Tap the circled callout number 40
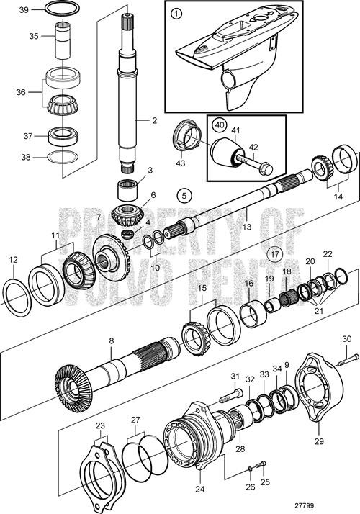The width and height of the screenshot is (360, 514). tap(220, 124)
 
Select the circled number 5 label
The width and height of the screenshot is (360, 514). tap(184, 194)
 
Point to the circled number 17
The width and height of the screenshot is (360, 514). tap(274, 253)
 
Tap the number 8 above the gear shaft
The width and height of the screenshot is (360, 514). tap(111, 341)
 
